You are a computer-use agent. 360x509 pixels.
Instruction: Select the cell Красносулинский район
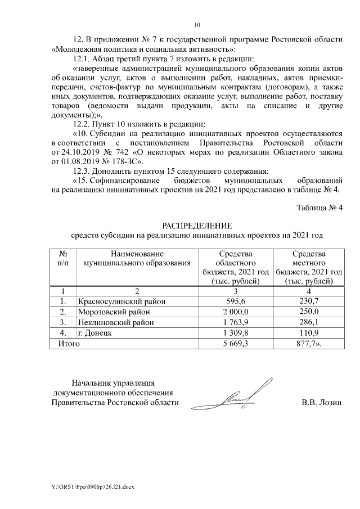pos(122,301)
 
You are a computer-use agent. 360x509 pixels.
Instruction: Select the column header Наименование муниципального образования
pos(137,258)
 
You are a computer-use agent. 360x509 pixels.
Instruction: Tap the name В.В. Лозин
pos(322,402)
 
